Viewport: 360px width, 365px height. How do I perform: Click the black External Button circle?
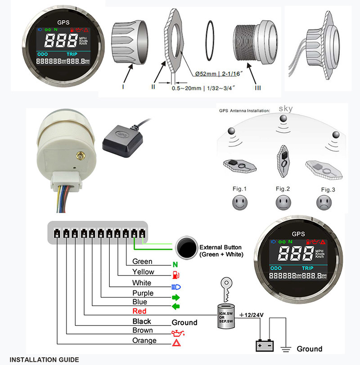(187, 247)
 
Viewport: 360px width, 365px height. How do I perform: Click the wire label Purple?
(143, 293)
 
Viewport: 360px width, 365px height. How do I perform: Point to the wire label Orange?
(144, 341)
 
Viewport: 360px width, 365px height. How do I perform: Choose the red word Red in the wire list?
(139, 311)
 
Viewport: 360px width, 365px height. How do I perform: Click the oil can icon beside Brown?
(176, 333)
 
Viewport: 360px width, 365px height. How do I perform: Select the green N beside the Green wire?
(175, 263)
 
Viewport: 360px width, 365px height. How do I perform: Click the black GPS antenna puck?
(118, 137)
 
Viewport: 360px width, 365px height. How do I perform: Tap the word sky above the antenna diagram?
(285, 109)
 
